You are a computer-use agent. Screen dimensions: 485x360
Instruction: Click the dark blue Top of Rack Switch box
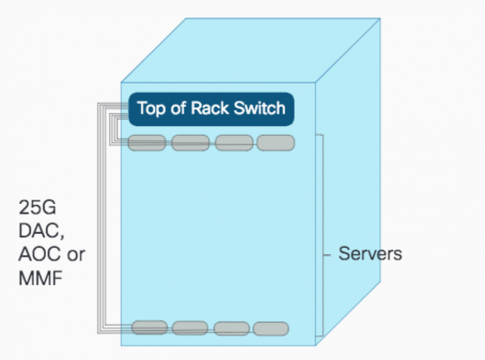(x=212, y=109)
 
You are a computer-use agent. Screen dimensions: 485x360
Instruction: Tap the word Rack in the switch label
(x=210, y=108)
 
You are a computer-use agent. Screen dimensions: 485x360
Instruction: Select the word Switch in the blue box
(x=259, y=108)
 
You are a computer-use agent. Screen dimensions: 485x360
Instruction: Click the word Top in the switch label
(x=152, y=109)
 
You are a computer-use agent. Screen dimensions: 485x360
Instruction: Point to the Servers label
(x=370, y=254)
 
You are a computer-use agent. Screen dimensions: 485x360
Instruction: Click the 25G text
(x=37, y=207)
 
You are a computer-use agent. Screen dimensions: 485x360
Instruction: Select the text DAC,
(x=41, y=230)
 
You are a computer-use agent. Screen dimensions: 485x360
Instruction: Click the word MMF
(x=41, y=278)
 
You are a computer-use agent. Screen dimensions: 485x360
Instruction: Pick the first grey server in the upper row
(x=147, y=143)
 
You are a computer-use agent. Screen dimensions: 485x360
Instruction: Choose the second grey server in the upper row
(x=190, y=143)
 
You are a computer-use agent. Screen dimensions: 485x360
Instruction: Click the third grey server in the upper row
(x=235, y=143)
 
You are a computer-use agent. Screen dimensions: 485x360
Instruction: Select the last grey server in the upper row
(x=276, y=143)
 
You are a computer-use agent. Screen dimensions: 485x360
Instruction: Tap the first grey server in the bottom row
(x=150, y=328)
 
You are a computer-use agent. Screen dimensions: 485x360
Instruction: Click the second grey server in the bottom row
(x=190, y=328)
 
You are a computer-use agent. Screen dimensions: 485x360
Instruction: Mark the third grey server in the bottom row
(x=232, y=329)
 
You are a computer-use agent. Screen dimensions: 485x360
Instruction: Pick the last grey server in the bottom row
(x=272, y=329)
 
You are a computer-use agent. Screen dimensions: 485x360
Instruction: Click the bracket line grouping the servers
(x=324, y=236)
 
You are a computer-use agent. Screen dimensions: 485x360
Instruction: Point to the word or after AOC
(x=76, y=255)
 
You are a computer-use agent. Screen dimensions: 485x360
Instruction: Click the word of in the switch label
(x=178, y=108)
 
